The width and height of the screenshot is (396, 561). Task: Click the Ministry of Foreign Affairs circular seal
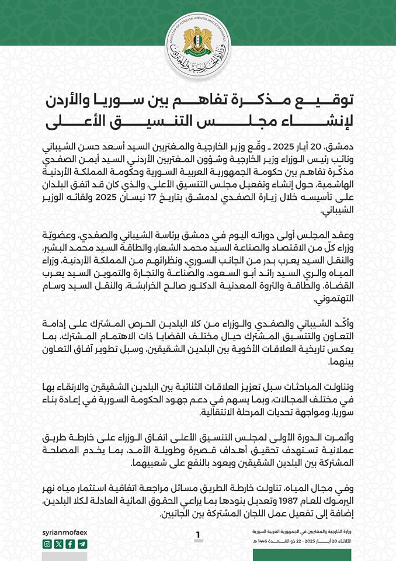pyautogui.click(x=198, y=44)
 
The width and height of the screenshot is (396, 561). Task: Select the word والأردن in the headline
pyautogui.click(x=77, y=100)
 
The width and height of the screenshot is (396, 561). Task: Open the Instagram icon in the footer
pyautogui.click(x=47, y=544)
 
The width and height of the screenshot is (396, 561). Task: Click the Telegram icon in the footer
pyautogui.click(x=82, y=544)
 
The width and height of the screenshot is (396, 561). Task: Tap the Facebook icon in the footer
pyautogui.click(x=71, y=544)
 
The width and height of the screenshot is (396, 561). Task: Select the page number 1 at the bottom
pyautogui.click(x=198, y=535)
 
